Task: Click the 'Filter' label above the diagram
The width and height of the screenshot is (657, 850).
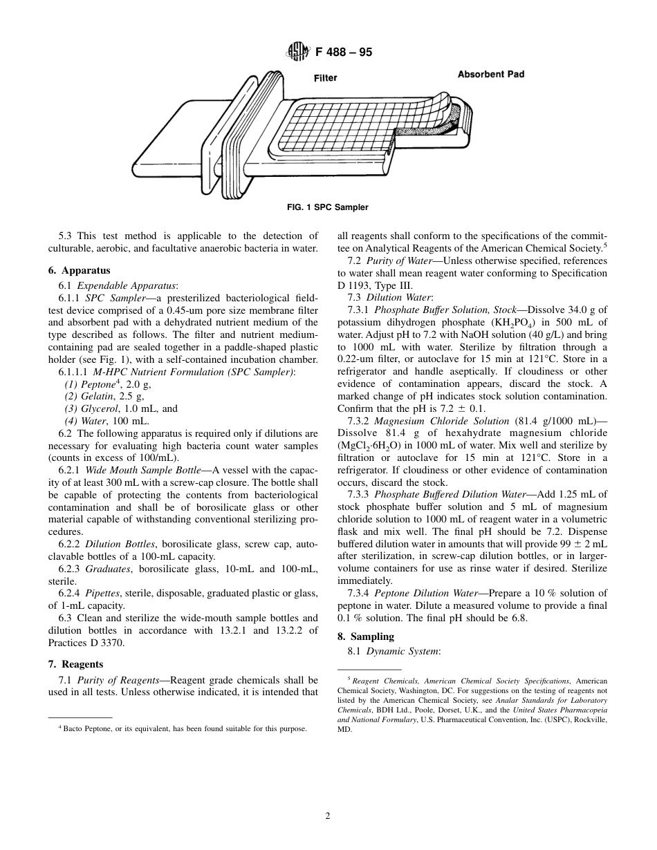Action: (325, 78)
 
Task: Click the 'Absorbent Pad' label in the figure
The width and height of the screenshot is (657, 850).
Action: (490, 74)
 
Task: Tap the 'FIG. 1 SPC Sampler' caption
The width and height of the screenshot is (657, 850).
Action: (328, 207)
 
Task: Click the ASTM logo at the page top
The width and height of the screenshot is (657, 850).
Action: (298, 52)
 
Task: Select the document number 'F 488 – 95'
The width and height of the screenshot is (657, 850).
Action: (343, 52)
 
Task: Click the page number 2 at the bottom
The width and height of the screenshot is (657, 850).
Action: (328, 815)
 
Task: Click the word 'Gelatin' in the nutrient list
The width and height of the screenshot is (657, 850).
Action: (98, 396)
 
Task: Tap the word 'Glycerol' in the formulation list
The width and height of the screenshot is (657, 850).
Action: (100, 408)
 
